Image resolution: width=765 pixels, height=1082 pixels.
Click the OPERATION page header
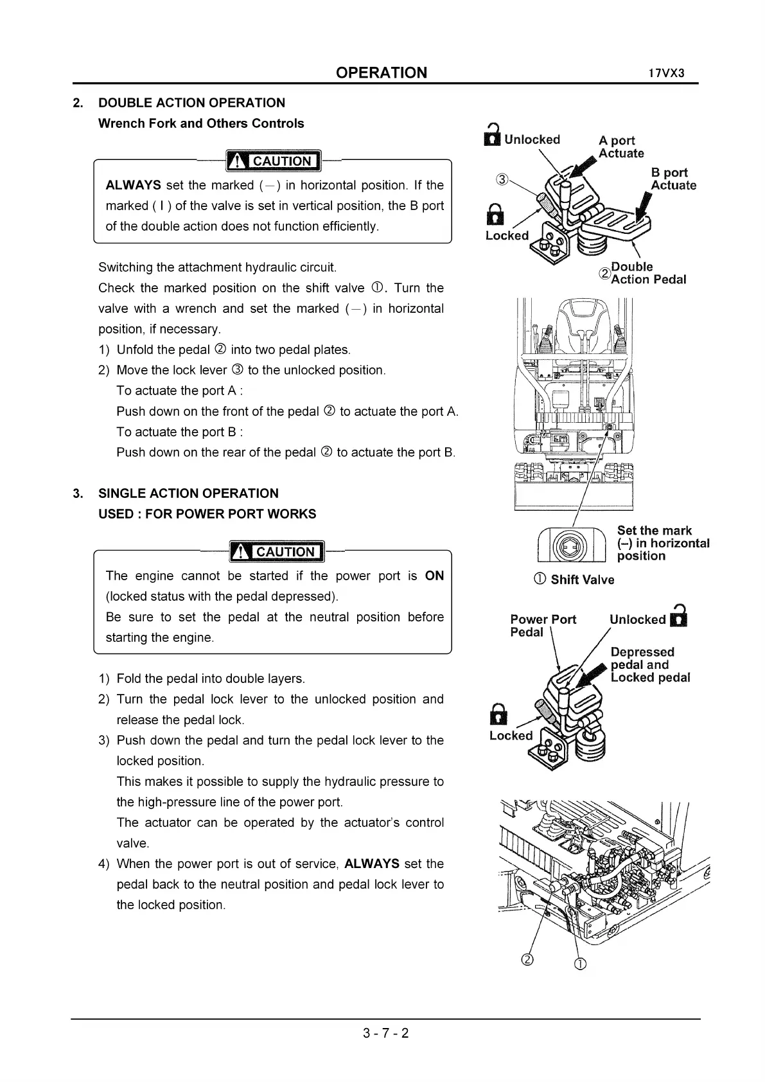[381, 73]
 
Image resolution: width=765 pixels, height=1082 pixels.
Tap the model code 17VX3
[666, 73]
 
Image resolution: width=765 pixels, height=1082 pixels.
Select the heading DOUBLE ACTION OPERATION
[191, 103]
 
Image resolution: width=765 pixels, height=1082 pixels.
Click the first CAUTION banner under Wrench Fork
[274, 161]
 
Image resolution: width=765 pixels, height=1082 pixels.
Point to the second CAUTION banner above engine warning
[277, 551]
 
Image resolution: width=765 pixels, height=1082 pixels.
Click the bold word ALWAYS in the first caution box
[133, 185]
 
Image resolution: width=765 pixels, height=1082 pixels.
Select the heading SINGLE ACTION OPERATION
[188, 493]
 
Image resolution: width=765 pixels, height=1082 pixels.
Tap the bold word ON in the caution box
[434, 576]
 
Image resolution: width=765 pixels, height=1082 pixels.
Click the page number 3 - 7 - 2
[385, 1033]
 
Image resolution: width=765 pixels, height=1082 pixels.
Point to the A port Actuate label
[620, 146]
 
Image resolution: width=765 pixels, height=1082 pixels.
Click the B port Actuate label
[673, 179]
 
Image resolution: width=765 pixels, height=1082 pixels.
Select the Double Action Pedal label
[647, 273]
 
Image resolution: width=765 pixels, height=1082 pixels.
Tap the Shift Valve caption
[581, 580]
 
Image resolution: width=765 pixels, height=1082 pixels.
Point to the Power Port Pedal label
[542, 626]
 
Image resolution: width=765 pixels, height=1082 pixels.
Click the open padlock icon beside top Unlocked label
[492, 136]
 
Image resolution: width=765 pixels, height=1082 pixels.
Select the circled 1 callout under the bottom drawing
[579, 964]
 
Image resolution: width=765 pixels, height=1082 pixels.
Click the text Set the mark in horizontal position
[662, 543]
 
